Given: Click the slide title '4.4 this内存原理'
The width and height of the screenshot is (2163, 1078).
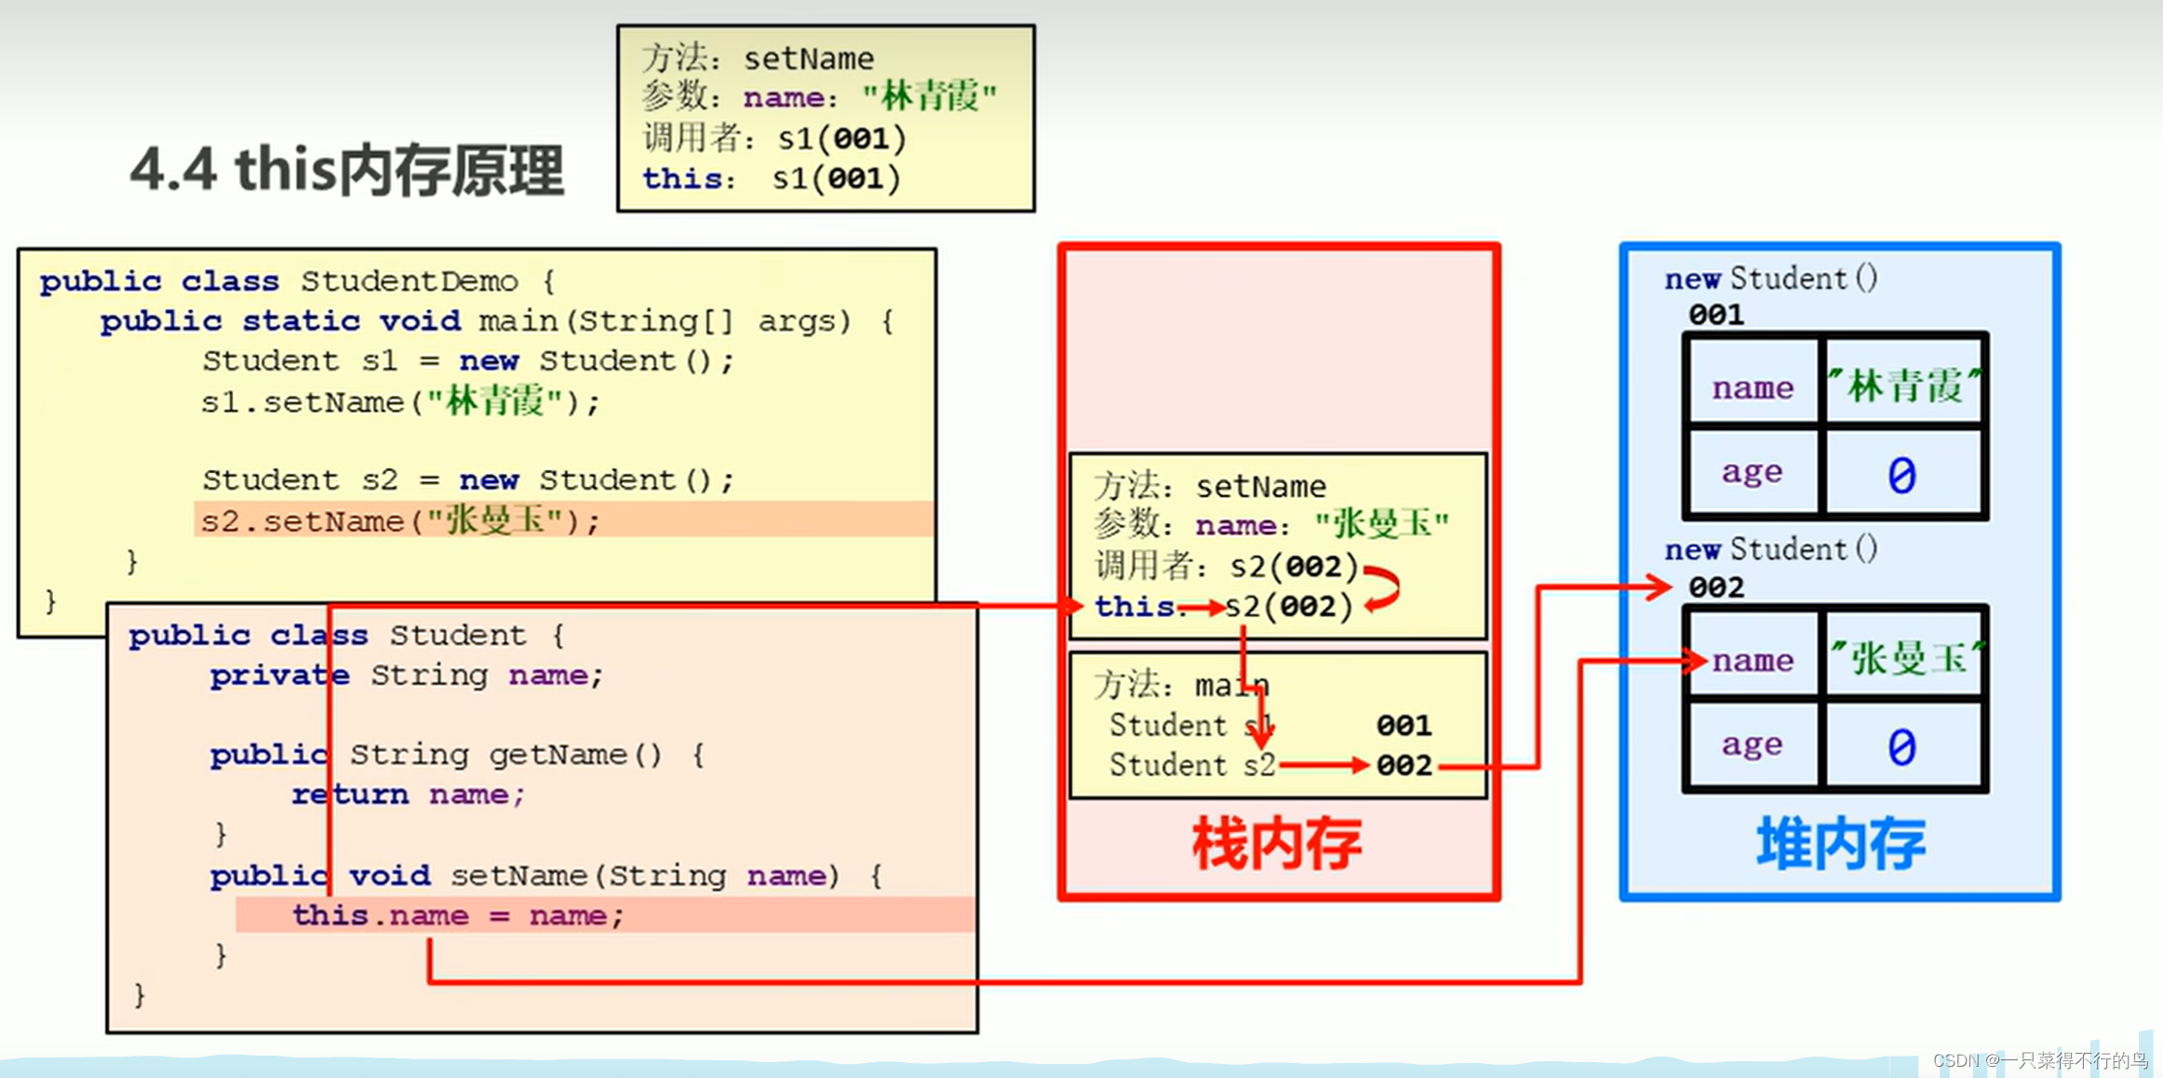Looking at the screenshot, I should click(347, 170).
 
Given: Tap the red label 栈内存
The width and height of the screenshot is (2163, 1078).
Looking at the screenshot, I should click(1277, 844).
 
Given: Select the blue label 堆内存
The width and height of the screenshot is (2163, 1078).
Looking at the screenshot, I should click(1840, 844).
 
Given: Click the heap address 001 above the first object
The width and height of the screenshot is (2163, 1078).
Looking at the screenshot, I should click(1716, 315).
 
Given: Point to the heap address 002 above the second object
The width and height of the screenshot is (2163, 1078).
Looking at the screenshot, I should click(1716, 587).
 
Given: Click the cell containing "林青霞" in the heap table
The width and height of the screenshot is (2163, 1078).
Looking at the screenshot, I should click(1903, 385).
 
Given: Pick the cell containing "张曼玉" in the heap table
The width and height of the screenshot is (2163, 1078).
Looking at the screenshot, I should click(1903, 658).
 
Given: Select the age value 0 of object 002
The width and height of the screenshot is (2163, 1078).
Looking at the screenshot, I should click(1901, 747).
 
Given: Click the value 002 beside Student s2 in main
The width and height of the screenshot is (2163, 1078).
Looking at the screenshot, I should click(1404, 765).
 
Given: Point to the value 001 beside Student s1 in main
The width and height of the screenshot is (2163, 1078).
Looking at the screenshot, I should click(1404, 725).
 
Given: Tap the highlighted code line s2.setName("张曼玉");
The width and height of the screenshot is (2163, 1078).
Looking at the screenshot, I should click(400, 520).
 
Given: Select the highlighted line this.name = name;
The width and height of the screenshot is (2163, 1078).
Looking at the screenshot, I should click(457, 915).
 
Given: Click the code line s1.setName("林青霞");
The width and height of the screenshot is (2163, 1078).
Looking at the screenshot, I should click(400, 402).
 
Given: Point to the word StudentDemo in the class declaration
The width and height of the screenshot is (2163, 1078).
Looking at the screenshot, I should click(409, 281).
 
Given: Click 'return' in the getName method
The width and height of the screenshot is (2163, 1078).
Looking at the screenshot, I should click(350, 794).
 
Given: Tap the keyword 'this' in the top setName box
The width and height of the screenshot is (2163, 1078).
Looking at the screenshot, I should click(682, 178).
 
